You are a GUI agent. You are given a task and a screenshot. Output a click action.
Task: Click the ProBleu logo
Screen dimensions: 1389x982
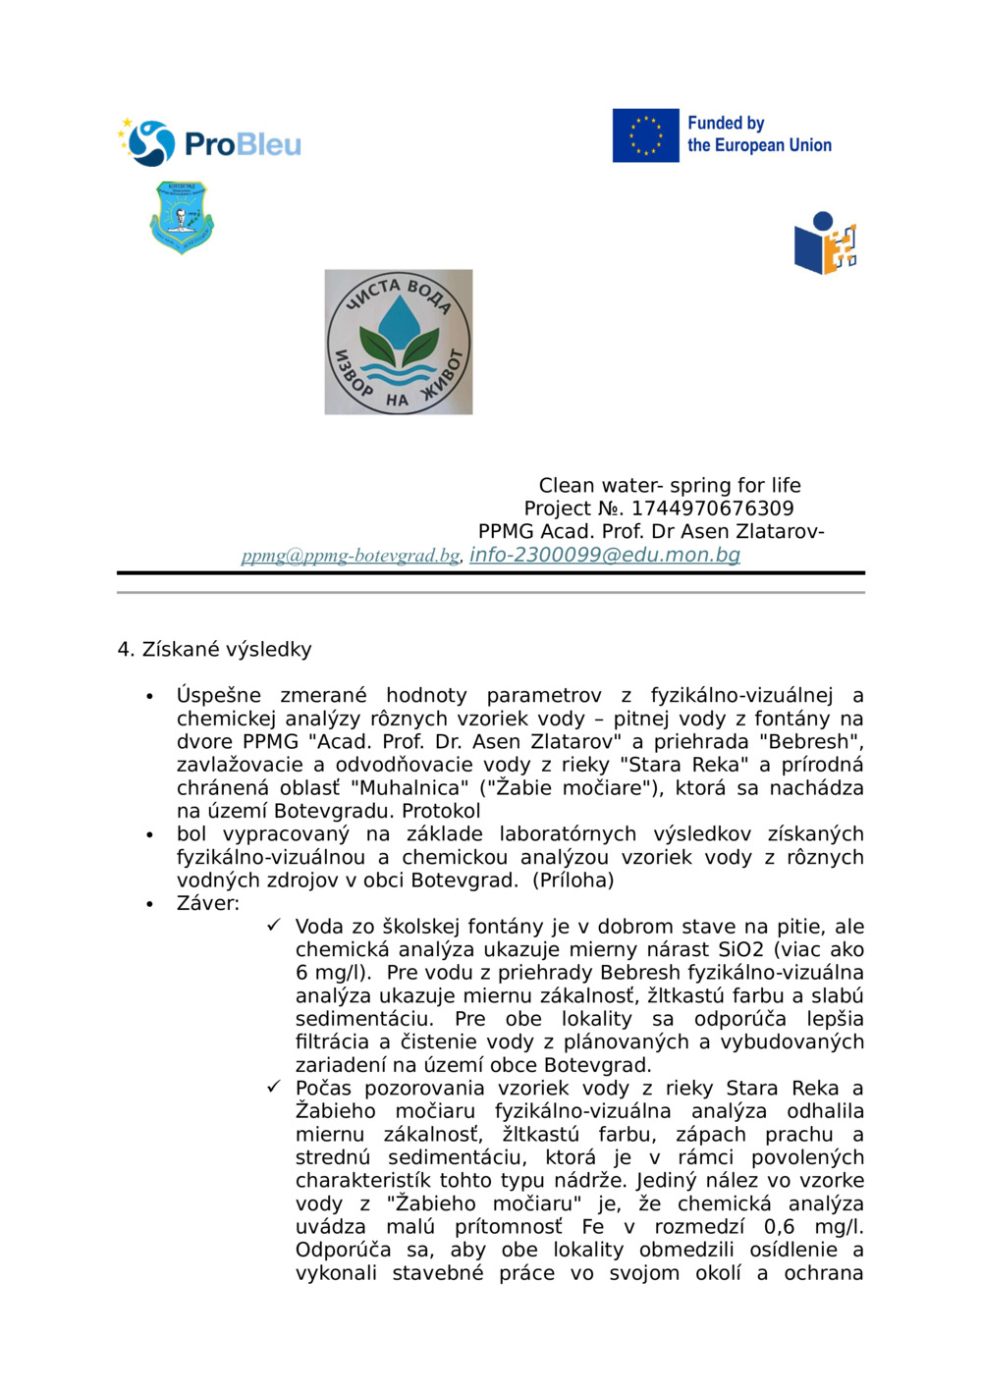pos(210,143)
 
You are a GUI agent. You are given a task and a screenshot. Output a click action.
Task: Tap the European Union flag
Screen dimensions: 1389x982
pos(645,135)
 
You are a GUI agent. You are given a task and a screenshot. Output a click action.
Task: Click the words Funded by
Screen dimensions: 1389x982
pos(726,123)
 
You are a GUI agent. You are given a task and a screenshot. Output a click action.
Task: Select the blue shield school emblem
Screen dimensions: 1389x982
pos(182,216)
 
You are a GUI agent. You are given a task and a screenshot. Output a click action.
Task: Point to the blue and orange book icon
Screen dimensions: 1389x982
pos(825,243)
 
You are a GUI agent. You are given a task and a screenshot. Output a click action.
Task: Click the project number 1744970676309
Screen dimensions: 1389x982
pos(712,508)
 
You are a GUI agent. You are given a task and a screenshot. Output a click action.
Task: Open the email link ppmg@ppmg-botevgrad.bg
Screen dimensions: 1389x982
pos(351,556)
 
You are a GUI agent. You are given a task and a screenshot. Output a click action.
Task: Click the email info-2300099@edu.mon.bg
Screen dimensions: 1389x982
pos(605,555)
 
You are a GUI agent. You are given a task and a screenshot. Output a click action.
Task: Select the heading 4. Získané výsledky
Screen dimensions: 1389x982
pos(214,649)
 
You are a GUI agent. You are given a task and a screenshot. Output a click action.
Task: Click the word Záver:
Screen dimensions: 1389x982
pos(208,903)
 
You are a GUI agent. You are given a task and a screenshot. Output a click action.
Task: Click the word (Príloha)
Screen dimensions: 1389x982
pos(573,880)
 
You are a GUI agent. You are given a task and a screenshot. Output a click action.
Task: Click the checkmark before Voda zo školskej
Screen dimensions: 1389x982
pos(274,926)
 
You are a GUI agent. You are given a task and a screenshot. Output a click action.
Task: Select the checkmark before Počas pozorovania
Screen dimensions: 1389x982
pos(274,1087)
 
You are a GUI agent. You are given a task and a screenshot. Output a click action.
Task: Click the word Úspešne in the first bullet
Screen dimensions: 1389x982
pos(219,695)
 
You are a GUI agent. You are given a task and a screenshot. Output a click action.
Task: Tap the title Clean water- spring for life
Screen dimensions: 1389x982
pos(670,485)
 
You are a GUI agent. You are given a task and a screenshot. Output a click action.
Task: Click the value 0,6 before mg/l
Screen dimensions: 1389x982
pos(780,1226)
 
